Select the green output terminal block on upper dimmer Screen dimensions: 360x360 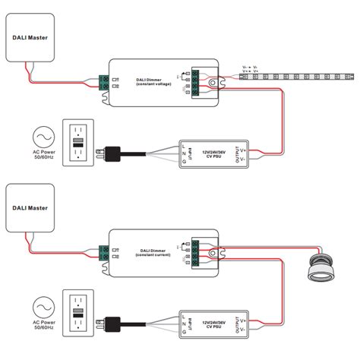coord(196,80)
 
